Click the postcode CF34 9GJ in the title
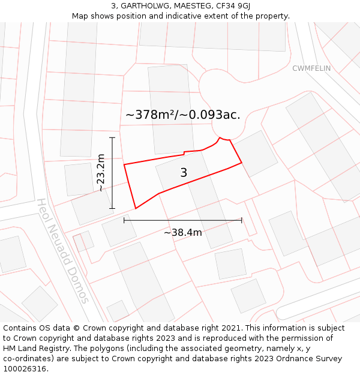pyautogui.click(x=231, y=6)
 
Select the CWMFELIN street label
pyautogui.click(x=311, y=68)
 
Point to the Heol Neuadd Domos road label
pyautogui.click(x=63, y=251)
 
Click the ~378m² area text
pyautogui.click(x=150, y=115)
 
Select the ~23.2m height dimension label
pyautogui.click(x=101, y=173)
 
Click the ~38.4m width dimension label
pyautogui.click(x=183, y=232)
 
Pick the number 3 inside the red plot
pyautogui.click(x=184, y=173)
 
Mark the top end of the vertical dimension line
pyautogui.click(x=112, y=137)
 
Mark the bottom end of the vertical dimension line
pyautogui.click(x=112, y=208)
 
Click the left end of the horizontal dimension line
pyautogui.click(x=124, y=220)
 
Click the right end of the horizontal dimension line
pyautogui.click(x=242, y=220)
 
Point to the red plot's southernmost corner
pyautogui.click(x=136, y=209)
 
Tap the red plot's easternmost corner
pyautogui.click(x=242, y=163)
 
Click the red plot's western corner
pyautogui.click(x=124, y=164)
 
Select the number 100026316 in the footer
pyautogui.click(x=25, y=368)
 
